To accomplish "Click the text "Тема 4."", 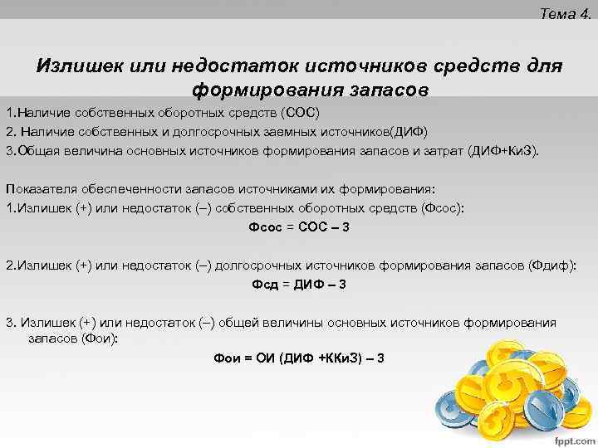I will (x=565, y=13).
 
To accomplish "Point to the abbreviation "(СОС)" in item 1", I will (x=300, y=111).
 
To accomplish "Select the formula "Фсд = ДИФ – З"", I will (x=299, y=285).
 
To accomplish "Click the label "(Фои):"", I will (x=100, y=338).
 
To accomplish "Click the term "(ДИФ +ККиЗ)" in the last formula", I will (x=320, y=358).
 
